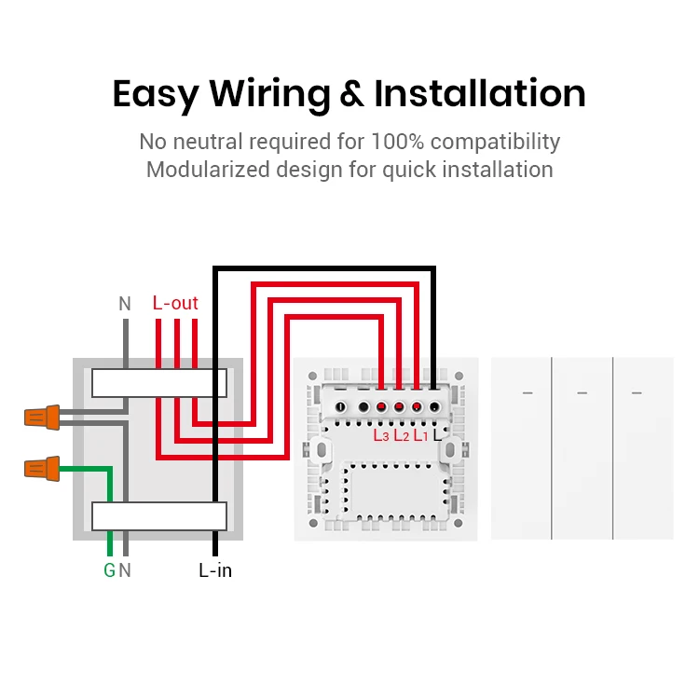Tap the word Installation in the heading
(x=480, y=94)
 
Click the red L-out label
(x=175, y=303)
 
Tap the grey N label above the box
(x=125, y=303)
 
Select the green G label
(x=109, y=570)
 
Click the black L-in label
(x=215, y=570)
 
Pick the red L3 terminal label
(x=381, y=434)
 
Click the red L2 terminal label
(x=401, y=434)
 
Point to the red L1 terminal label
(x=420, y=434)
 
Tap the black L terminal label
(x=437, y=434)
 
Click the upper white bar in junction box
(x=158, y=382)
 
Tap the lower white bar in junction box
(x=158, y=515)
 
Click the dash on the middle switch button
(x=582, y=392)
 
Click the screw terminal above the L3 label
(x=381, y=407)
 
